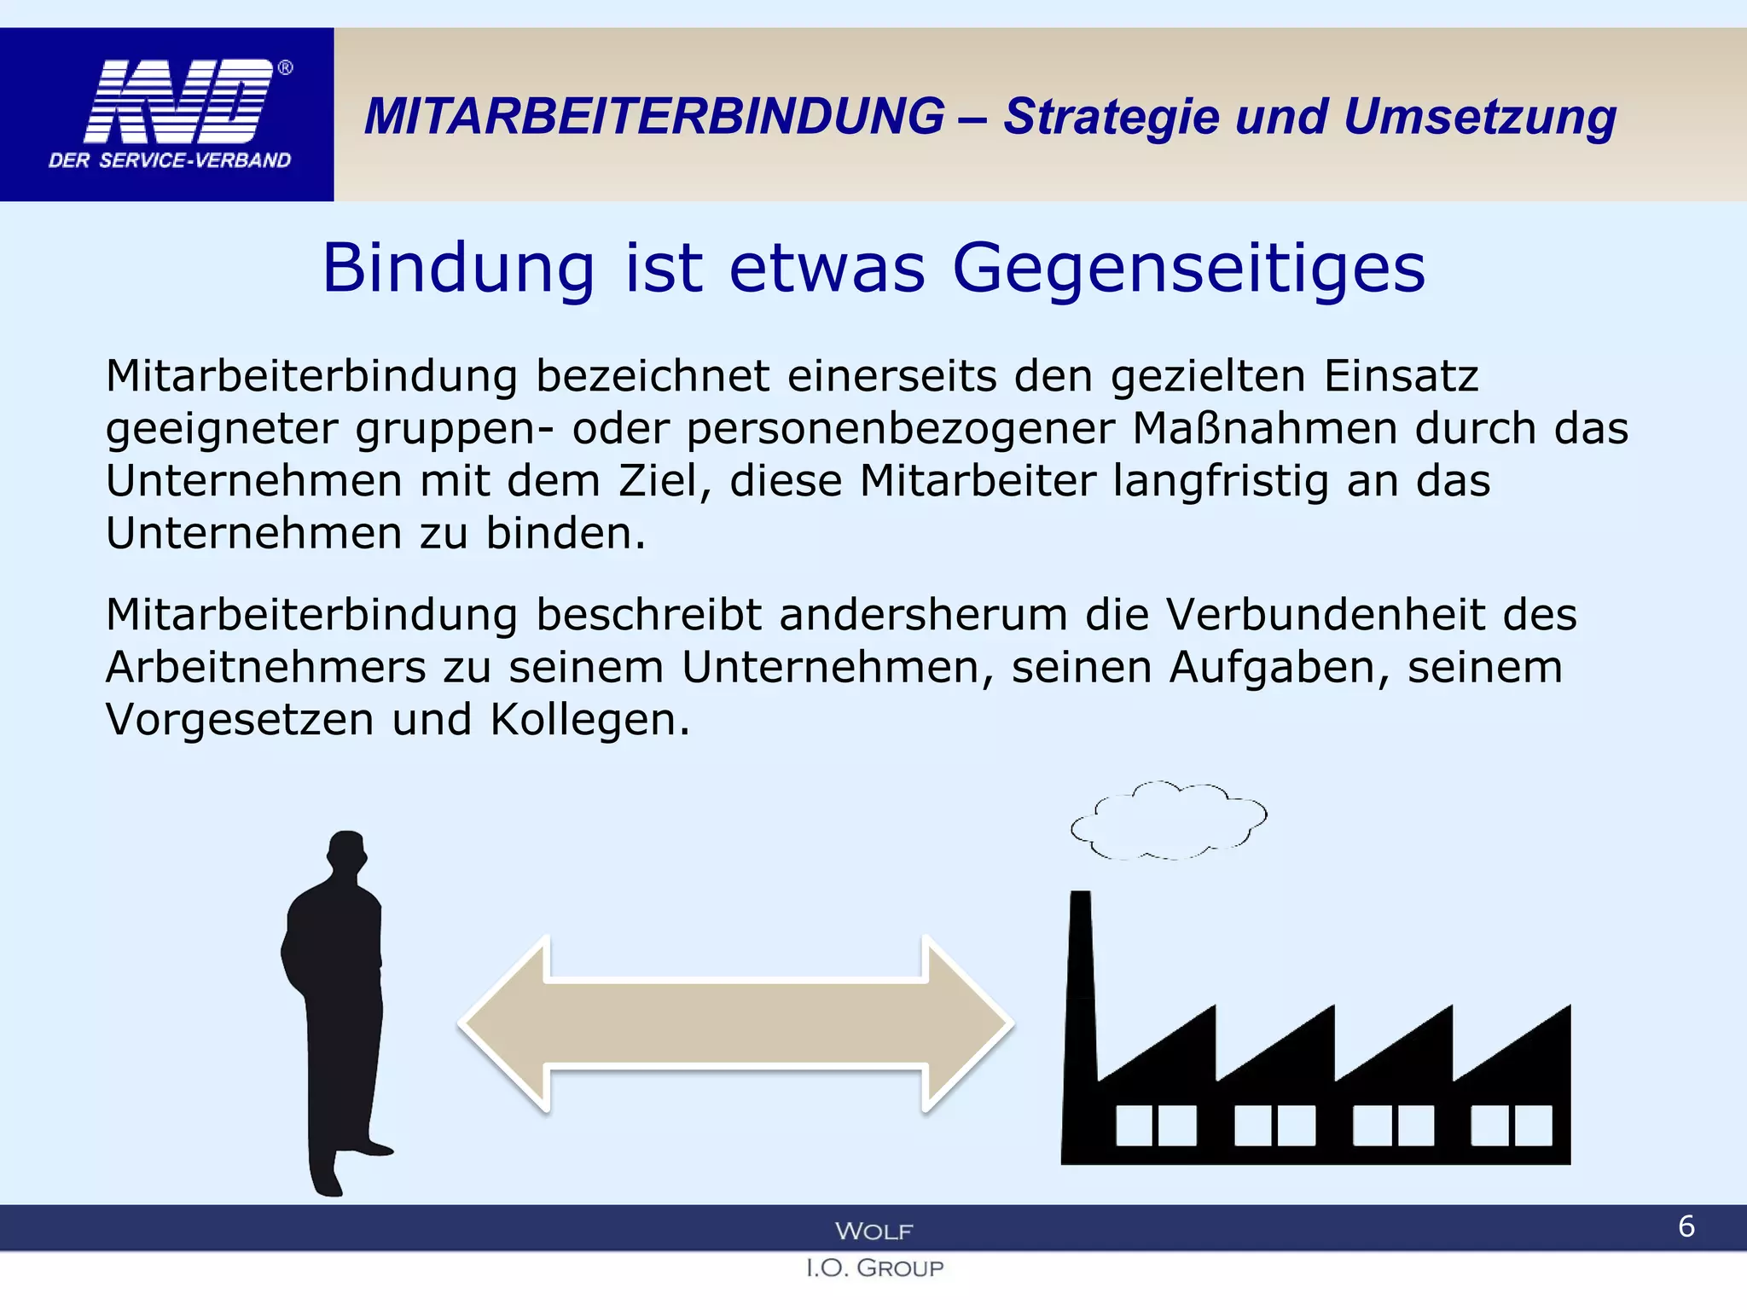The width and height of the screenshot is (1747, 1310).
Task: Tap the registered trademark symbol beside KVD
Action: pyautogui.click(x=286, y=68)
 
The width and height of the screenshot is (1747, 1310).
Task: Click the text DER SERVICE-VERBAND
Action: pyautogui.click(x=170, y=160)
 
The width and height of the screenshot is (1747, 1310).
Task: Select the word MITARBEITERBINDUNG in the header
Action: pyautogui.click(x=654, y=116)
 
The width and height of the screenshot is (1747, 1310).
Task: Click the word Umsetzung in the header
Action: pyautogui.click(x=1479, y=117)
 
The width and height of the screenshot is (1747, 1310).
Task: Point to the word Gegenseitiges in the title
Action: pyautogui.click(x=1188, y=269)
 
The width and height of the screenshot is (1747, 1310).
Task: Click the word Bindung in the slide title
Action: pyautogui.click(x=458, y=269)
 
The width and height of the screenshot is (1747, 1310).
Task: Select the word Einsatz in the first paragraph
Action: pyautogui.click(x=1401, y=376)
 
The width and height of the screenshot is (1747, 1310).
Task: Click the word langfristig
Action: pyautogui.click(x=1221, y=481)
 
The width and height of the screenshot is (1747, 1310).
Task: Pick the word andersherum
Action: pyautogui.click(x=923, y=615)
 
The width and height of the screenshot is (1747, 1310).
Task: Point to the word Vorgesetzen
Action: pyautogui.click(x=240, y=720)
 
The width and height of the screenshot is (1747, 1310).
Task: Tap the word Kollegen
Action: pyautogui.click(x=589, y=720)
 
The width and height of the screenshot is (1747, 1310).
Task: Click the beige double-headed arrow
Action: pyautogui.click(x=735, y=1023)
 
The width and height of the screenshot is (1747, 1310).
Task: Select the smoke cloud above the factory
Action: pyautogui.click(x=1169, y=820)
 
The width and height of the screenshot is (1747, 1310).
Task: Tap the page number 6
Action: pyautogui.click(x=1686, y=1226)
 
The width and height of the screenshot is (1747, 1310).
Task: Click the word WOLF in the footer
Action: pyautogui.click(x=873, y=1231)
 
